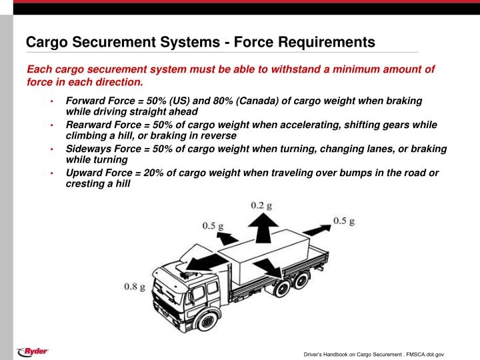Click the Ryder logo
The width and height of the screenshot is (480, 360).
coord(33,351)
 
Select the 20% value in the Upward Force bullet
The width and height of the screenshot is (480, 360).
coord(154,173)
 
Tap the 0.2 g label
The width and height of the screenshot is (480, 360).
coord(261,205)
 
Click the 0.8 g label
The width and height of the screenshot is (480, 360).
coord(135,287)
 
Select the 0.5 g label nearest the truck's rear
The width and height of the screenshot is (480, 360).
coord(344,221)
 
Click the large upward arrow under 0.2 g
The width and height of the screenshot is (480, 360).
coord(263,229)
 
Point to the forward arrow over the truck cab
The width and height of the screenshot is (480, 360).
coord(207,262)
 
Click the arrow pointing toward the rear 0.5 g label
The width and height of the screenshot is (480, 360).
coord(317,229)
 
